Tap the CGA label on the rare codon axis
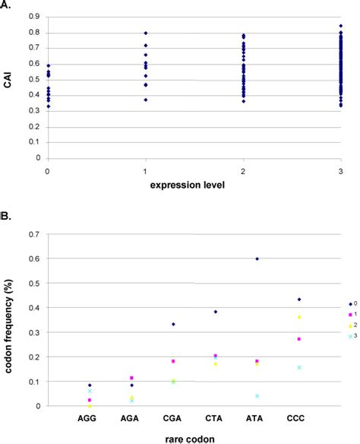172,418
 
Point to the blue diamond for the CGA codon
173,325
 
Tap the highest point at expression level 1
145,33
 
